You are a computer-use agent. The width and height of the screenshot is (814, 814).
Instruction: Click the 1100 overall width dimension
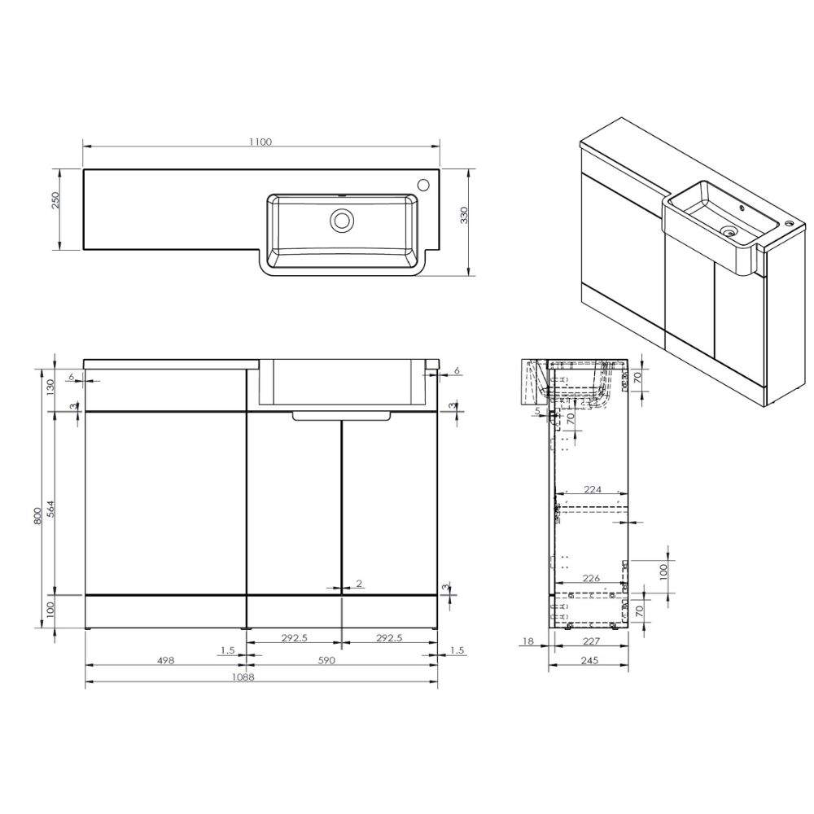click(260, 142)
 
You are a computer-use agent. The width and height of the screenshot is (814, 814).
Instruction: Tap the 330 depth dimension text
click(465, 216)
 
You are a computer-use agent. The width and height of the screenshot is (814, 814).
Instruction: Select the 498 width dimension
click(165, 661)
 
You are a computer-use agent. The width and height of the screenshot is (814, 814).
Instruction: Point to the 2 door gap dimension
click(358, 584)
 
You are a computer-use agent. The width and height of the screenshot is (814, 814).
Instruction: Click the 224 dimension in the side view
click(592, 489)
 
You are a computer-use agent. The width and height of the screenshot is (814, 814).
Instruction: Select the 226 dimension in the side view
click(591, 579)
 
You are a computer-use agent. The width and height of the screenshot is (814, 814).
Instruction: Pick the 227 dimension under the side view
click(592, 641)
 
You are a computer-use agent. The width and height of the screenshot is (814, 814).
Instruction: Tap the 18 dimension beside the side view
click(527, 641)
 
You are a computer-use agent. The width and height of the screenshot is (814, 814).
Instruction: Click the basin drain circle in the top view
click(341, 219)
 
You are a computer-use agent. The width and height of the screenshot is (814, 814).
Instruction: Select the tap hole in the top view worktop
click(424, 184)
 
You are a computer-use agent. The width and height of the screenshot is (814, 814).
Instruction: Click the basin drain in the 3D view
click(729, 233)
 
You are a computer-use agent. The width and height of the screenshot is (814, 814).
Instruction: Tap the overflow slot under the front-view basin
click(342, 416)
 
